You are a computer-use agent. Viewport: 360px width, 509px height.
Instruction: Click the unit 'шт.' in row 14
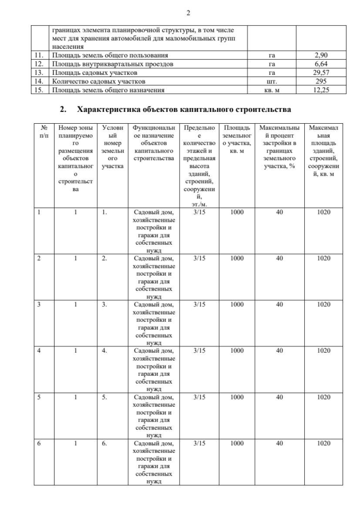(x=272, y=82)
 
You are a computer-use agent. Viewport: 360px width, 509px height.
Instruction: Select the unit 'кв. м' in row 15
(x=272, y=90)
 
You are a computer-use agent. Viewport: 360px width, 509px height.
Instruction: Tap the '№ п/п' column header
(x=43, y=132)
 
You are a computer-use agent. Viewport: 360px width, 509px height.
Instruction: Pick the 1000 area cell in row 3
(x=236, y=305)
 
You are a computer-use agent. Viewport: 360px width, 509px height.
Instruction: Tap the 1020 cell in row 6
(x=323, y=444)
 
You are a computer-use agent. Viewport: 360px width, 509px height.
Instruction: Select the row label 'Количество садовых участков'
(x=95, y=82)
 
